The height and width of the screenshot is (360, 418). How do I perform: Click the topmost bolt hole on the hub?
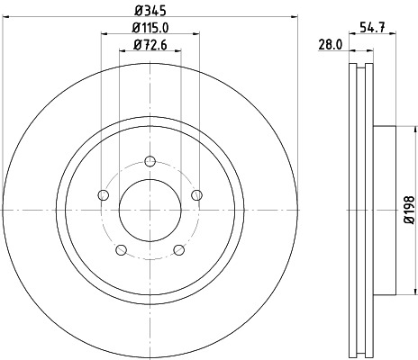[x=150, y=162]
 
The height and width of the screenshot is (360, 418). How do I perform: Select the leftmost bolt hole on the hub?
[x=103, y=196]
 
